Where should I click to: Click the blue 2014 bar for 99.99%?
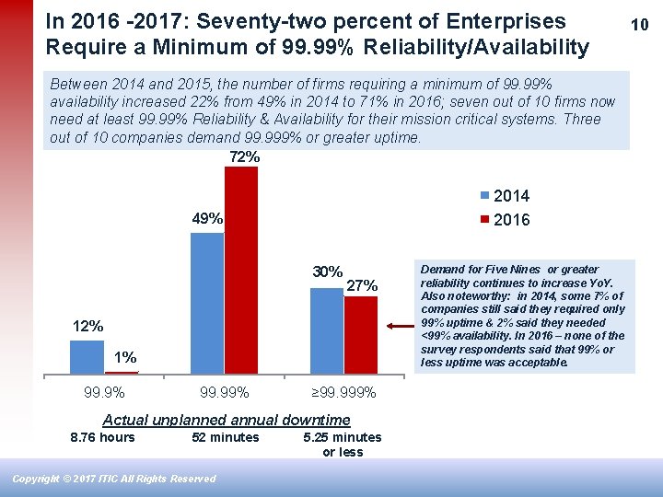coord(207,303)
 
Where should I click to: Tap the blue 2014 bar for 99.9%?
coord(87,357)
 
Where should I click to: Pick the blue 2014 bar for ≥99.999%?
coord(327,330)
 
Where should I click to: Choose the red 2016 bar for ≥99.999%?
coord(361,335)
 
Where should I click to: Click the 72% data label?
coord(244,157)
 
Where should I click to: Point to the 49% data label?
coord(207,219)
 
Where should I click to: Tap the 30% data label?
coord(328,272)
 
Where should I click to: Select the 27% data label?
coord(362,286)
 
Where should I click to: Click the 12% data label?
coord(88,327)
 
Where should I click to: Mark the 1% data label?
coord(125,357)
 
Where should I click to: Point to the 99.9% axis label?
coord(104,393)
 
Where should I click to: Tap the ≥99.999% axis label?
coord(343,393)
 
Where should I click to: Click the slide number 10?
coord(639,25)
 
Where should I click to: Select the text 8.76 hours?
coord(102,437)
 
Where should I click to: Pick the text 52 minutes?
coord(225,437)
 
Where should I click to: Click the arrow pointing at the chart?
coord(401,325)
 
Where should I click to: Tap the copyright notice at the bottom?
coord(114,479)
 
